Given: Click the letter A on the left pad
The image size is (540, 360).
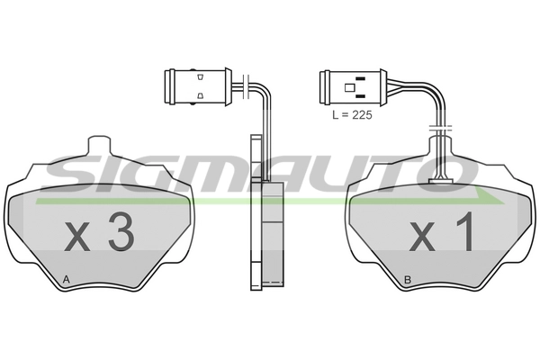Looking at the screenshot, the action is point(67,280).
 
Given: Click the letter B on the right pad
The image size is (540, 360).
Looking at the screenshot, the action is point(408,280).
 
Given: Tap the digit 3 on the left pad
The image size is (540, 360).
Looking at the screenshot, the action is point(121,231).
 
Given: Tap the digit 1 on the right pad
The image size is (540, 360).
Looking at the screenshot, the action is point(466,231).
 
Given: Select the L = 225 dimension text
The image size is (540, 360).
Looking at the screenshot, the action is point(352,114).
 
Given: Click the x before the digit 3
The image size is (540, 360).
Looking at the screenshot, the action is point(77,237).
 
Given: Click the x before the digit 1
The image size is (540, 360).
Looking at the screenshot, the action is point(422,237).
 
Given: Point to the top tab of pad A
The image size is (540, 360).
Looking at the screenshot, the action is point(100,144).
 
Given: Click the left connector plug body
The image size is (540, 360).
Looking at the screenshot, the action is point(198,86).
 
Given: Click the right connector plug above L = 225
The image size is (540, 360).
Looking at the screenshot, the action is point(353,86).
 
